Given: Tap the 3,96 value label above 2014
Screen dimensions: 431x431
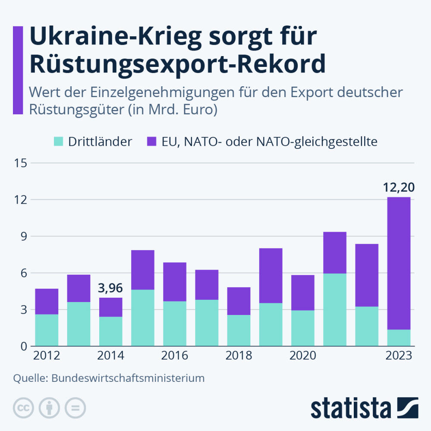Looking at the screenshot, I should coord(111,288).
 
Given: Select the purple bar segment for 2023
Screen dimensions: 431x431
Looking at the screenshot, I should coord(399,263).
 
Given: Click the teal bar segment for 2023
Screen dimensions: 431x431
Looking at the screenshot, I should coord(399,338).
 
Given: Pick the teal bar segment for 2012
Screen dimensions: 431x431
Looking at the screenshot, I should coord(47,330).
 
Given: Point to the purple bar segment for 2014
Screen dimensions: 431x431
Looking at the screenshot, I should coord(111,307).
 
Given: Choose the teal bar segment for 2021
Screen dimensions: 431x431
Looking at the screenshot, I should coord(335,310).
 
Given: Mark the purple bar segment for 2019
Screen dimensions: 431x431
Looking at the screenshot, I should coord(271,276).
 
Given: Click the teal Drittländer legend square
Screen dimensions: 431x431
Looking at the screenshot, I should coord(58,141).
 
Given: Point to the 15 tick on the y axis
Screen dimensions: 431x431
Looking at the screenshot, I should coord(21,163).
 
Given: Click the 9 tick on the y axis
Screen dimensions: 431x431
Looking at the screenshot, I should coord(23,236).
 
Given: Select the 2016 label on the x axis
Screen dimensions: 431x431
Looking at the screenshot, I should coord(175,356).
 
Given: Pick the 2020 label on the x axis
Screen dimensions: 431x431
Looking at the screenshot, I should coord(302,356).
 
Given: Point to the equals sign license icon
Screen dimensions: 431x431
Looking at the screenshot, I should coord(76,407).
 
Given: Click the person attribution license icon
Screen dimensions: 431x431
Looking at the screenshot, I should coord(50,407).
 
